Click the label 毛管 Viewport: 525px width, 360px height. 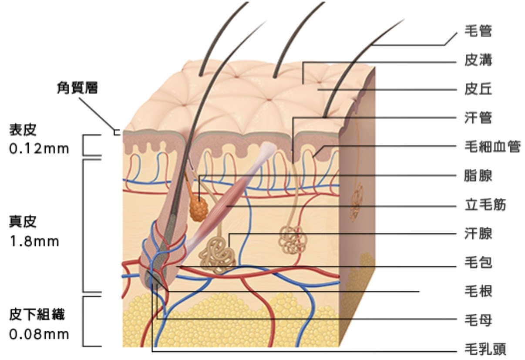[478, 31]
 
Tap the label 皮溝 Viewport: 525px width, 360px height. [478, 61]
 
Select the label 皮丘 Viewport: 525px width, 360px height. [478, 90]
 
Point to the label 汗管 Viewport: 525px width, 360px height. [478, 118]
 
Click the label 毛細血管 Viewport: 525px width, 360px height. [492, 147]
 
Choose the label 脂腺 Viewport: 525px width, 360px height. [478, 176]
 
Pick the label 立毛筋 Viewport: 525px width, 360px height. [485, 205]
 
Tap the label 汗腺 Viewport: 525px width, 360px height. [478, 234]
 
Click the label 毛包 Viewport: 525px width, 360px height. [478, 262]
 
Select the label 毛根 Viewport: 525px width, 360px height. [478, 291]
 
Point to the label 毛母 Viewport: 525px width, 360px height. [478, 320]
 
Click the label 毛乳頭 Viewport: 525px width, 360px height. [485, 349]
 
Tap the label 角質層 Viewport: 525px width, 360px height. [77, 88]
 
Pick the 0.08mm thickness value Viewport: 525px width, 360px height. [39, 334]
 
